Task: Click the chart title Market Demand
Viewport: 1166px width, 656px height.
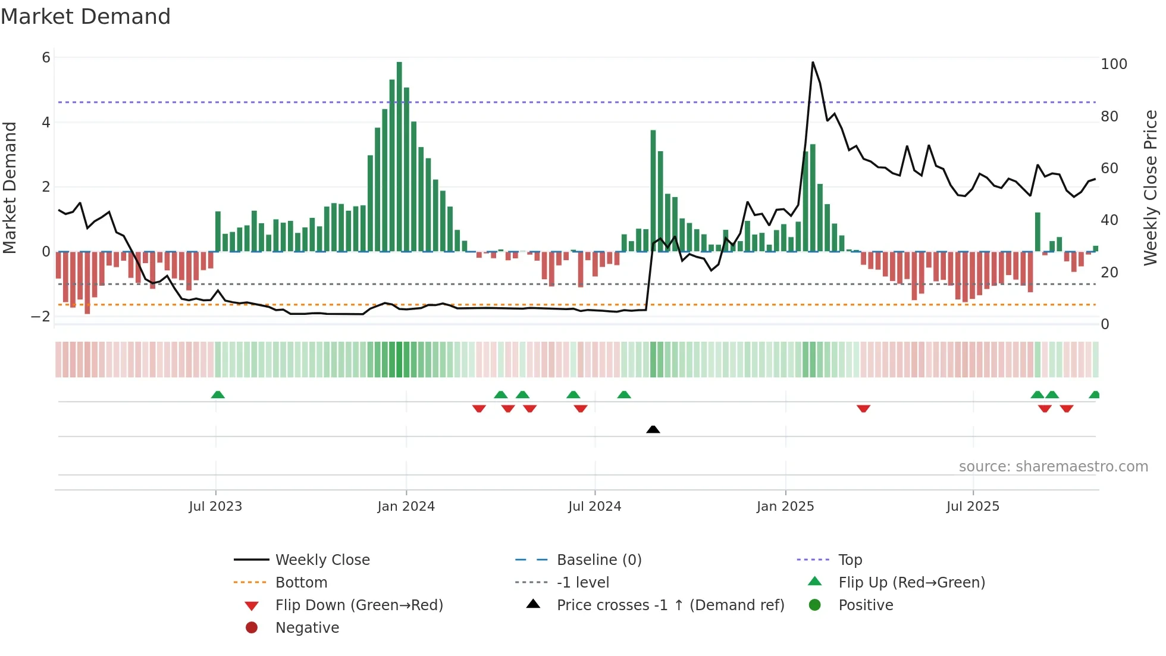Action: point(86,17)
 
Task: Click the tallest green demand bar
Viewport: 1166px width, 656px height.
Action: point(399,156)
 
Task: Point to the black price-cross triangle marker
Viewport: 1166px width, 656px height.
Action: point(653,429)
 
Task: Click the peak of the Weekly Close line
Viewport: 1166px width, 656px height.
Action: point(813,63)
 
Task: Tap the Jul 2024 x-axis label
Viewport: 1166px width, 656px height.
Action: point(594,507)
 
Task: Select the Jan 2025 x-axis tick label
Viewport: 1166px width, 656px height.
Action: point(785,507)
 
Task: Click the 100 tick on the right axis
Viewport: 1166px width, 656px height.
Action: point(1114,64)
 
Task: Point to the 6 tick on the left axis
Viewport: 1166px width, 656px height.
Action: point(46,58)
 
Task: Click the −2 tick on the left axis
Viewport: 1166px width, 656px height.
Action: point(41,317)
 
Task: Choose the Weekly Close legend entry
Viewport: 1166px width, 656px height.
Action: point(322,560)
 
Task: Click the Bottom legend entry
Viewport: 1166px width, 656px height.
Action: point(301,583)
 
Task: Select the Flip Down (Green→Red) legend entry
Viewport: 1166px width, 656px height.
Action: point(359,605)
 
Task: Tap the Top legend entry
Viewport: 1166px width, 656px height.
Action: point(850,560)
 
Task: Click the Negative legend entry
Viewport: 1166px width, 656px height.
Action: point(307,628)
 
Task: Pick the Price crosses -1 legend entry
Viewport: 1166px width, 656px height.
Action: point(670,605)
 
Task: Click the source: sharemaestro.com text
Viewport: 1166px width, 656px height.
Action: point(1053,467)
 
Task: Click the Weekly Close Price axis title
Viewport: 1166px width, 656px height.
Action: point(1151,188)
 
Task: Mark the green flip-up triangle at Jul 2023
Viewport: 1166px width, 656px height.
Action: point(218,395)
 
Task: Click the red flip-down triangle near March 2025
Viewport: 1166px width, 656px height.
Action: point(863,408)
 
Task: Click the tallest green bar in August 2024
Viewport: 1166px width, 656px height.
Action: point(653,190)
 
